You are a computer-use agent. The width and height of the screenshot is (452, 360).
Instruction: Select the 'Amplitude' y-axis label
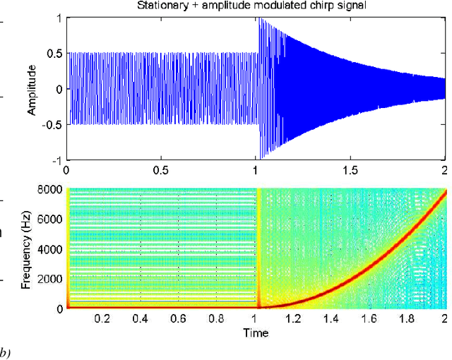(32, 89)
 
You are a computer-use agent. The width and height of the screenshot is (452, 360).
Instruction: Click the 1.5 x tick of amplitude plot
(350, 171)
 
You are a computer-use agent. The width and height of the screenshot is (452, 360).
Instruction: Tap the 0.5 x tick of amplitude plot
(161, 171)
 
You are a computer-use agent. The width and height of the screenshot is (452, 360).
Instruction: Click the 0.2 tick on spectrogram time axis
(103, 319)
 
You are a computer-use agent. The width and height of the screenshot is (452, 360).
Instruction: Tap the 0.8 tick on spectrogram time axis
(217, 319)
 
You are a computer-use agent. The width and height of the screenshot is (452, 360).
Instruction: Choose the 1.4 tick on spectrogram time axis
(331, 319)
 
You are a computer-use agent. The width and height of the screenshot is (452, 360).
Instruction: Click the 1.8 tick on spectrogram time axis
(406, 319)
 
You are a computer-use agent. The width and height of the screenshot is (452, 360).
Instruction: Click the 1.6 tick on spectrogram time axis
(369, 319)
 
